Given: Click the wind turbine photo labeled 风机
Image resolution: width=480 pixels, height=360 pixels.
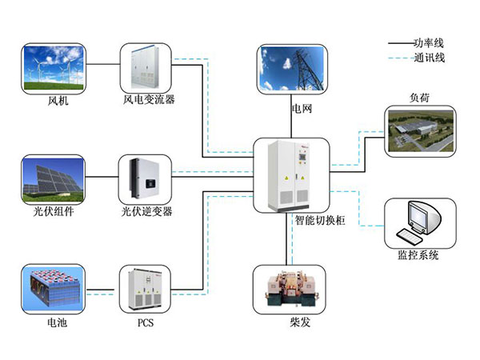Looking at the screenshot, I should tap(54, 68).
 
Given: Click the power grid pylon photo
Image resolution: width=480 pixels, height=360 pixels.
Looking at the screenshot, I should tap(293, 70).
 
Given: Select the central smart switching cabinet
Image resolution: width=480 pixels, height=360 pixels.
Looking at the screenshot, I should tap(291, 174).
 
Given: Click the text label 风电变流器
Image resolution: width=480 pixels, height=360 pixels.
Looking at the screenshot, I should tap(149, 101).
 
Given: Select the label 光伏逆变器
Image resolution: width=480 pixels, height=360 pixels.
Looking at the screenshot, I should tap(147, 212).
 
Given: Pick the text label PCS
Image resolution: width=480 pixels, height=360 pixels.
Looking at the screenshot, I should tap(145, 324).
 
